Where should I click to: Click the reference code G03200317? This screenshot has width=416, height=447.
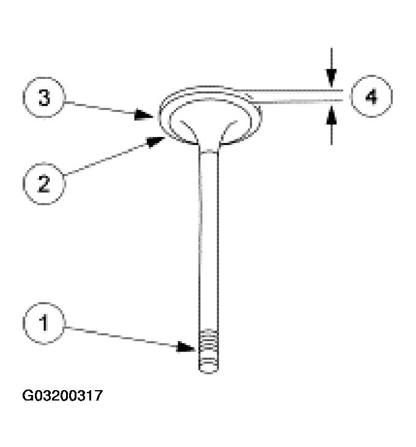[63, 396]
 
